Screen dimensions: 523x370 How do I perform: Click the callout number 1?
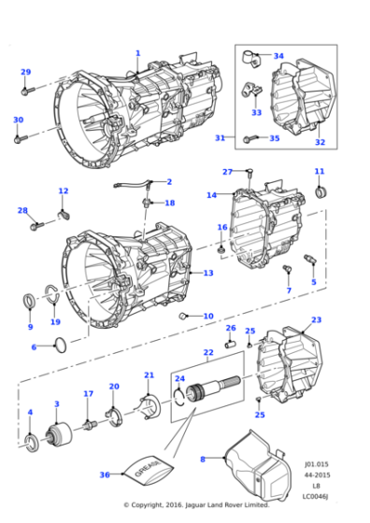point(137,53)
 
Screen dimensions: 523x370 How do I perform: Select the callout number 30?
point(18,120)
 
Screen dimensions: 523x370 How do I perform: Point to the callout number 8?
point(202,459)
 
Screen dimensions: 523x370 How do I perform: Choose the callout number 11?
point(320,172)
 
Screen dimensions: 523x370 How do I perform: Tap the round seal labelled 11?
point(324,192)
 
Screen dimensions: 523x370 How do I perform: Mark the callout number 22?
point(208,352)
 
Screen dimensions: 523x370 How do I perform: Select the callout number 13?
point(208,273)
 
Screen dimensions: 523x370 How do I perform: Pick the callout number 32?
point(320,142)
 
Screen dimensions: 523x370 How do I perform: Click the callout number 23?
point(316,319)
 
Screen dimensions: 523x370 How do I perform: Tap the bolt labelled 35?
point(251,139)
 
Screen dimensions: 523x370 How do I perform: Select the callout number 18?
point(170,203)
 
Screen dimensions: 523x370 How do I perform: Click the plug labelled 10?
point(184,316)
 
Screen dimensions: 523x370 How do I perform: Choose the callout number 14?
point(211,195)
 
